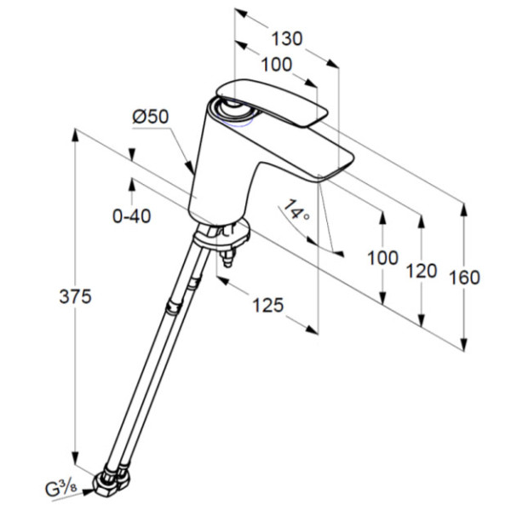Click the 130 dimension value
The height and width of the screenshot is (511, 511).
pyautogui.click(x=287, y=39)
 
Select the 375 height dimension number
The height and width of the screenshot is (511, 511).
pyautogui.click(x=75, y=296)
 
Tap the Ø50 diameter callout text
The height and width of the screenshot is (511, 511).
pyautogui.click(x=151, y=117)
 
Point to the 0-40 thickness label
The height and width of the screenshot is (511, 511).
pyautogui.click(x=132, y=215)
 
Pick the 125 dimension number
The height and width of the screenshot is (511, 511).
pyautogui.click(x=268, y=306)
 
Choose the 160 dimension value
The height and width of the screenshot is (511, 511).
pyautogui.click(x=464, y=278)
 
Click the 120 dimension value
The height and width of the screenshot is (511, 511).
pyautogui.click(x=422, y=271)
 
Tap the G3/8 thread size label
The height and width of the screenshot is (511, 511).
pyautogui.click(x=61, y=489)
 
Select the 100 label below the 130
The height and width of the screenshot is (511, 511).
pyautogui.click(x=276, y=64)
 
